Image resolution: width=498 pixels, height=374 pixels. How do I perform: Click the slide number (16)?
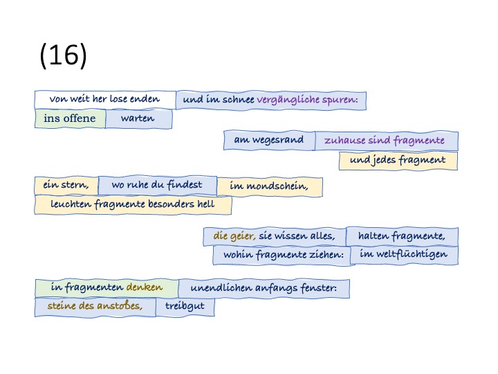coord(64,56)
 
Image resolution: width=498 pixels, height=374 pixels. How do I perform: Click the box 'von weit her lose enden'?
coord(105,99)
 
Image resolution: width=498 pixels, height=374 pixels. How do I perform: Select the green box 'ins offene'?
coord(70,118)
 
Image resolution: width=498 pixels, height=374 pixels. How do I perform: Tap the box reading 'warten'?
coord(138,118)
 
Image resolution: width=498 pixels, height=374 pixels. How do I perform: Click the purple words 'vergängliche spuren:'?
coord(307,100)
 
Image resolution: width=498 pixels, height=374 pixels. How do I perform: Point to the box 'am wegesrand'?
coord(269,141)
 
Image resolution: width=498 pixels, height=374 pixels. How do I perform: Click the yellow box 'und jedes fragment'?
coord(398,161)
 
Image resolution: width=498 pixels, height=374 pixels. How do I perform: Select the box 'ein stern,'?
coord(66,186)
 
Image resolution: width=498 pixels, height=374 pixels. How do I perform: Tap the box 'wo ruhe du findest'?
coord(157,185)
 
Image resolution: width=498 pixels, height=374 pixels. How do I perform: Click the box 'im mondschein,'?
coord(269,186)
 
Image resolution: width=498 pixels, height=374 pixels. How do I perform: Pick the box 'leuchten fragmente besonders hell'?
coord(133,205)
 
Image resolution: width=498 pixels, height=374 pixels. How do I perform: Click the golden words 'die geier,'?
coord(234,236)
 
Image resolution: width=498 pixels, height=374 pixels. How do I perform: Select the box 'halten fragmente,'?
coord(401,236)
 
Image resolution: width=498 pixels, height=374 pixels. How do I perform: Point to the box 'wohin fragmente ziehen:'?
coord(284,256)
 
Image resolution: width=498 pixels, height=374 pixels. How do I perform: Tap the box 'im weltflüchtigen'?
coord(404,255)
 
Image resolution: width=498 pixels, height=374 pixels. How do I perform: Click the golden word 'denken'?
coord(144,287)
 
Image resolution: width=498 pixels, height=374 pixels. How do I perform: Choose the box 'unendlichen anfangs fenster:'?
coord(264,287)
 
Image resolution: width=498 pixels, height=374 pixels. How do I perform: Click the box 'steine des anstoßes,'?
coord(95,306)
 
